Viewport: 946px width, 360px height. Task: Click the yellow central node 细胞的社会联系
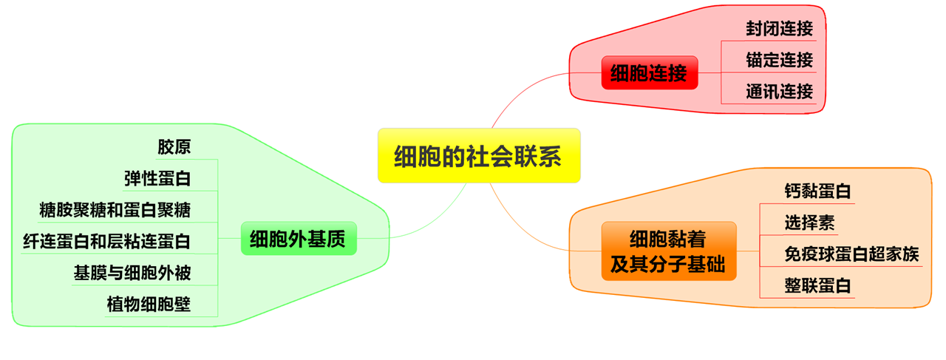click(478, 156)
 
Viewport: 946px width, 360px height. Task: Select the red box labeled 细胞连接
click(649, 72)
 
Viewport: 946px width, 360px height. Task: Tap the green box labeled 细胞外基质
click(298, 239)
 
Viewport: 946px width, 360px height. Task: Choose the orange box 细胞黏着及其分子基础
click(668, 251)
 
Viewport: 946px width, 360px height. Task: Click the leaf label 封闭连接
click(779, 29)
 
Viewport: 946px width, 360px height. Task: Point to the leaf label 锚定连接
click(779, 60)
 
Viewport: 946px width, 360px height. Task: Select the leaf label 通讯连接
click(779, 92)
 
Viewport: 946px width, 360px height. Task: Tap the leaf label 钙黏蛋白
click(817, 191)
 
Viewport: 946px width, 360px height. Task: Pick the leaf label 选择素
click(809, 222)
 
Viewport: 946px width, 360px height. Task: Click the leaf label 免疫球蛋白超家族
click(851, 254)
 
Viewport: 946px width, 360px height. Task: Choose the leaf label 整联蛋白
click(817, 286)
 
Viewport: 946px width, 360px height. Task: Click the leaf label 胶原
click(174, 146)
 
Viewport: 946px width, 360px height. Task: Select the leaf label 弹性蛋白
click(157, 178)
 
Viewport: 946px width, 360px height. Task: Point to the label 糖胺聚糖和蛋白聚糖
click(115, 210)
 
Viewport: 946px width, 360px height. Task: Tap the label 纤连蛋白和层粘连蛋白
click(107, 241)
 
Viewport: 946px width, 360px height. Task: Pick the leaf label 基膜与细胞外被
click(132, 273)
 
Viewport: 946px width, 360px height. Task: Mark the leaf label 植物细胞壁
click(149, 304)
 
